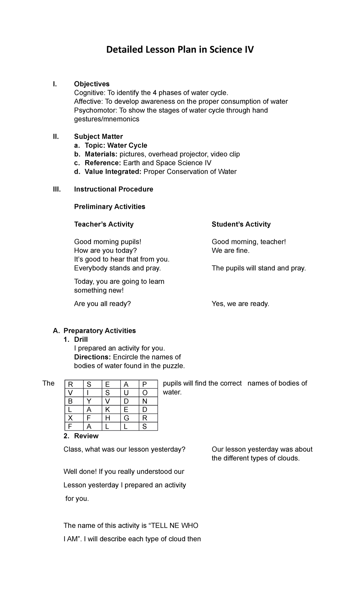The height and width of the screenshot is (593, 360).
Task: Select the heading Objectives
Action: pyautogui.click(x=92, y=84)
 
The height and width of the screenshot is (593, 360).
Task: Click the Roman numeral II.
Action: pyautogui.click(x=56, y=137)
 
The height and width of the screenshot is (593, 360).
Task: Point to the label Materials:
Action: pyautogui.click(x=101, y=154)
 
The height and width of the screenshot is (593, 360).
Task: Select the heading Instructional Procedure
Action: pyautogui.click(x=113, y=189)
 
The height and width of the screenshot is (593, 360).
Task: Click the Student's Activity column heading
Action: pyautogui.click(x=241, y=224)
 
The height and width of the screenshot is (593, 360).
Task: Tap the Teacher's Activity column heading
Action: pyautogui.click(x=103, y=224)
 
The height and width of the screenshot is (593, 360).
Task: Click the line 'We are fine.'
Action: pyautogui.click(x=230, y=251)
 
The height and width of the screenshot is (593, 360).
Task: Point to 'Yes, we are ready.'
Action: pyautogui.click(x=240, y=304)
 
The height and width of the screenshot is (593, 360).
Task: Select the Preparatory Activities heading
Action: pyautogui.click(x=100, y=331)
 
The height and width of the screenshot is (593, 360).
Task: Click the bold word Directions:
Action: pyautogui.click(x=92, y=357)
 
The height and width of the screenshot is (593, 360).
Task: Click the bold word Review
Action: pyautogui.click(x=86, y=436)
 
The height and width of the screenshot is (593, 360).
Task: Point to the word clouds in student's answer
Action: pyautogui.click(x=288, y=458)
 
